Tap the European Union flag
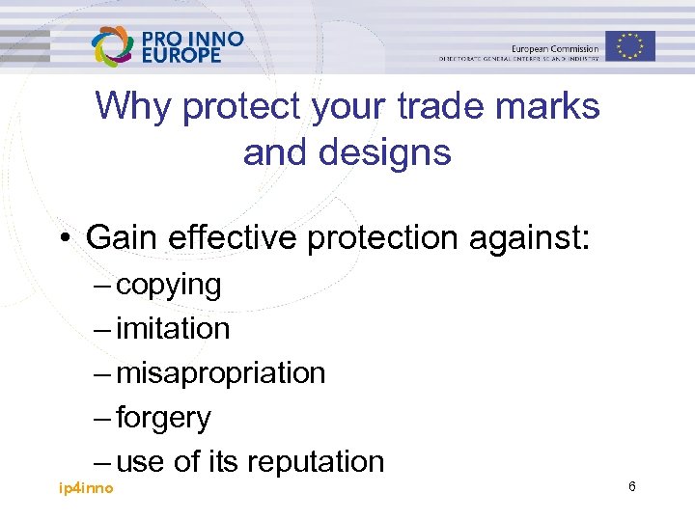click(630, 45)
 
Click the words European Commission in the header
click(554, 48)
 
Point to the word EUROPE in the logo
click(181, 56)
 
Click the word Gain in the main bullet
click(124, 236)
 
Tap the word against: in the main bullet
click(542, 236)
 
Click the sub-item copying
click(168, 286)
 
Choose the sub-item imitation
click(173, 329)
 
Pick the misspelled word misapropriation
click(220, 373)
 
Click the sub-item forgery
click(163, 418)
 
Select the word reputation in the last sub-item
click(316, 462)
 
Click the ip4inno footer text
click(86, 488)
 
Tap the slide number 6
click(631, 487)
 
